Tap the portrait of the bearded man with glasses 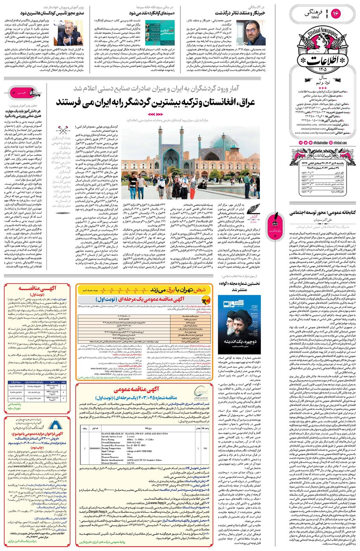click(255, 33)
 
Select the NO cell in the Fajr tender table click(205, 448)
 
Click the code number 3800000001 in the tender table click(95, 448)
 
